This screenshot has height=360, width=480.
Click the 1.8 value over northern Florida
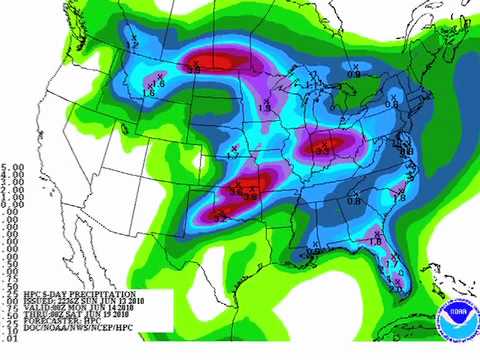pyautogui.click(x=375, y=240)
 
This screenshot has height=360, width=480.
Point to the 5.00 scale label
pyautogui.click(x=12, y=167)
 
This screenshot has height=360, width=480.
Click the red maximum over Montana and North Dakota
pyautogui.click(x=217, y=60)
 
